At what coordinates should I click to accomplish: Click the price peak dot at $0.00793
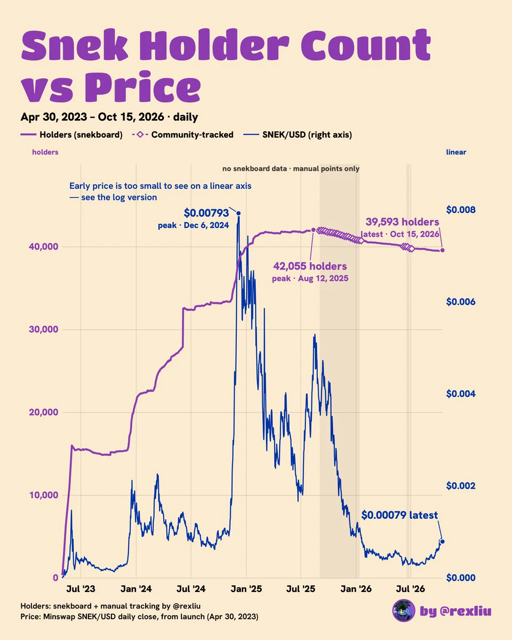pos(238,213)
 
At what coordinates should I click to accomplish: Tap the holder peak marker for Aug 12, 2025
pos(313,230)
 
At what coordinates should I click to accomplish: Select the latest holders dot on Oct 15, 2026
pos(442,250)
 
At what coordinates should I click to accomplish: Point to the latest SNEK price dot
pos(442,541)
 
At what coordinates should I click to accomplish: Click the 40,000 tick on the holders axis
pos(44,247)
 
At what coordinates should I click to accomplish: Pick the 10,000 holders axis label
pos(44,495)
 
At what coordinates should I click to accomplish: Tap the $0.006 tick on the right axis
pos(461,302)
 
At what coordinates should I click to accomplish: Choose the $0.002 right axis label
pos(461,486)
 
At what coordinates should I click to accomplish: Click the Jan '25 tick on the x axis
pos(246,589)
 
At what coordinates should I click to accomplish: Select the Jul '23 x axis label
pos(81,589)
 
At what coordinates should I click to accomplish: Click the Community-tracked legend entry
pos(182,135)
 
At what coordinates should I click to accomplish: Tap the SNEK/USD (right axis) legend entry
pos(298,135)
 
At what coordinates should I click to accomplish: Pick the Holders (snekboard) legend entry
pos(71,135)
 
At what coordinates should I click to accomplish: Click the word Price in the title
pos(143,86)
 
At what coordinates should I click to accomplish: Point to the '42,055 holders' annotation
pos(310,266)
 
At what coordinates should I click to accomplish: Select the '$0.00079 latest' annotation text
pos(399,515)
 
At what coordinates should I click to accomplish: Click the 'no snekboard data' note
pos(291,169)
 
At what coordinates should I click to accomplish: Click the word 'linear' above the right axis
pos(456,153)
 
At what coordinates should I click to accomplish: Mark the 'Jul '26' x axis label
pos(410,589)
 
